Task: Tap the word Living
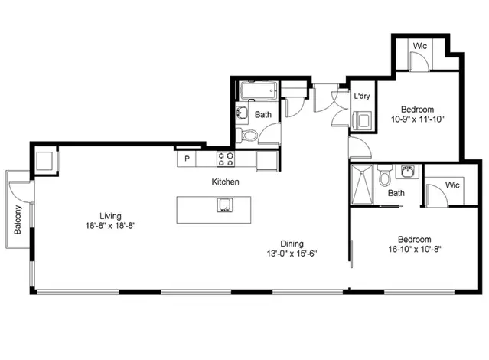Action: (112, 214)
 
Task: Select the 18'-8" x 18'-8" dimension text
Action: (112, 225)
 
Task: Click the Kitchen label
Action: (226, 182)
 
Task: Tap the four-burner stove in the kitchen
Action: (227, 160)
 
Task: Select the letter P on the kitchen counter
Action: (186, 160)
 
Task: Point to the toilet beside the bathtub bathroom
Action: (247, 136)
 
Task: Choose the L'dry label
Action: (362, 97)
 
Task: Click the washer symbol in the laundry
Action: (363, 119)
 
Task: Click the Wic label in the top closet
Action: (419, 46)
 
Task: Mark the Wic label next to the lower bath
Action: (452, 185)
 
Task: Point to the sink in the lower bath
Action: (409, 171)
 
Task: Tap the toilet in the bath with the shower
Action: (386, 178)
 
